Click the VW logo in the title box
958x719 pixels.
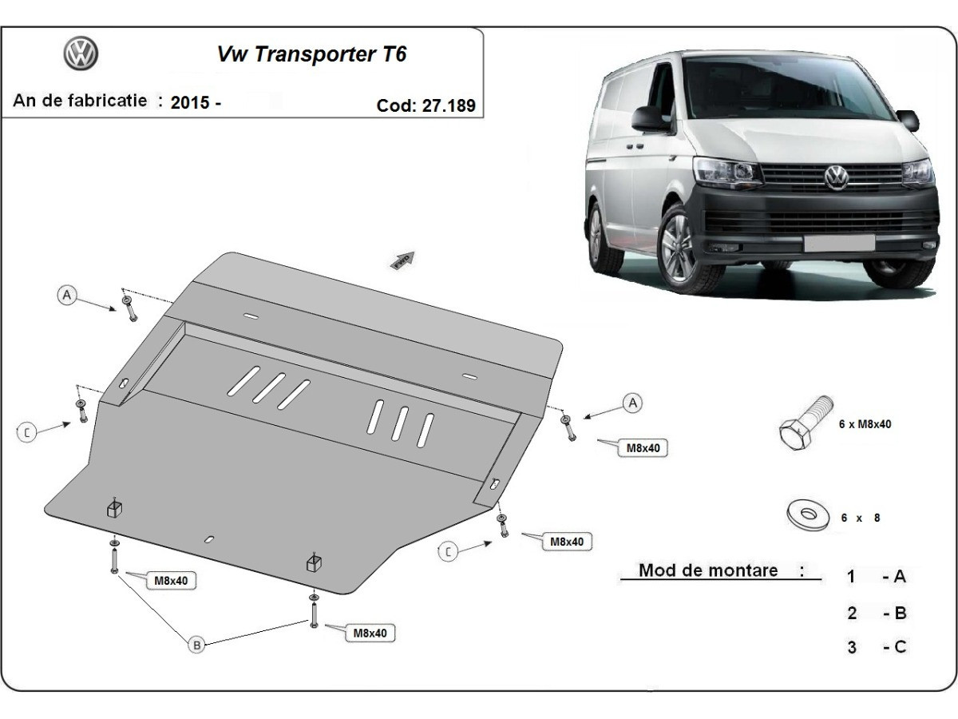coord(81,54)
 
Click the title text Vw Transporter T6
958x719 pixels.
coord(311,54)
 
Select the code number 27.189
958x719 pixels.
coord(448,105)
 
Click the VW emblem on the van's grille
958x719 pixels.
coord(836,177)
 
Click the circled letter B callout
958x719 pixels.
coord(196,645)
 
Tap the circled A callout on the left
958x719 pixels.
coord(67,296)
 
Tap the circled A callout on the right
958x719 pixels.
coord(632,403)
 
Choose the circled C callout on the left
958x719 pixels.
coord(27,432)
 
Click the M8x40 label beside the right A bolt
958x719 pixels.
coord(642,448)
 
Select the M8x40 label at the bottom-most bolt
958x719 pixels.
coord(370,634)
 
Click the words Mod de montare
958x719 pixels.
coord(707,570)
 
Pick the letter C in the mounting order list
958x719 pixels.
coord(900,646)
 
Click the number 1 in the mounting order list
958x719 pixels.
coord(852,576)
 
